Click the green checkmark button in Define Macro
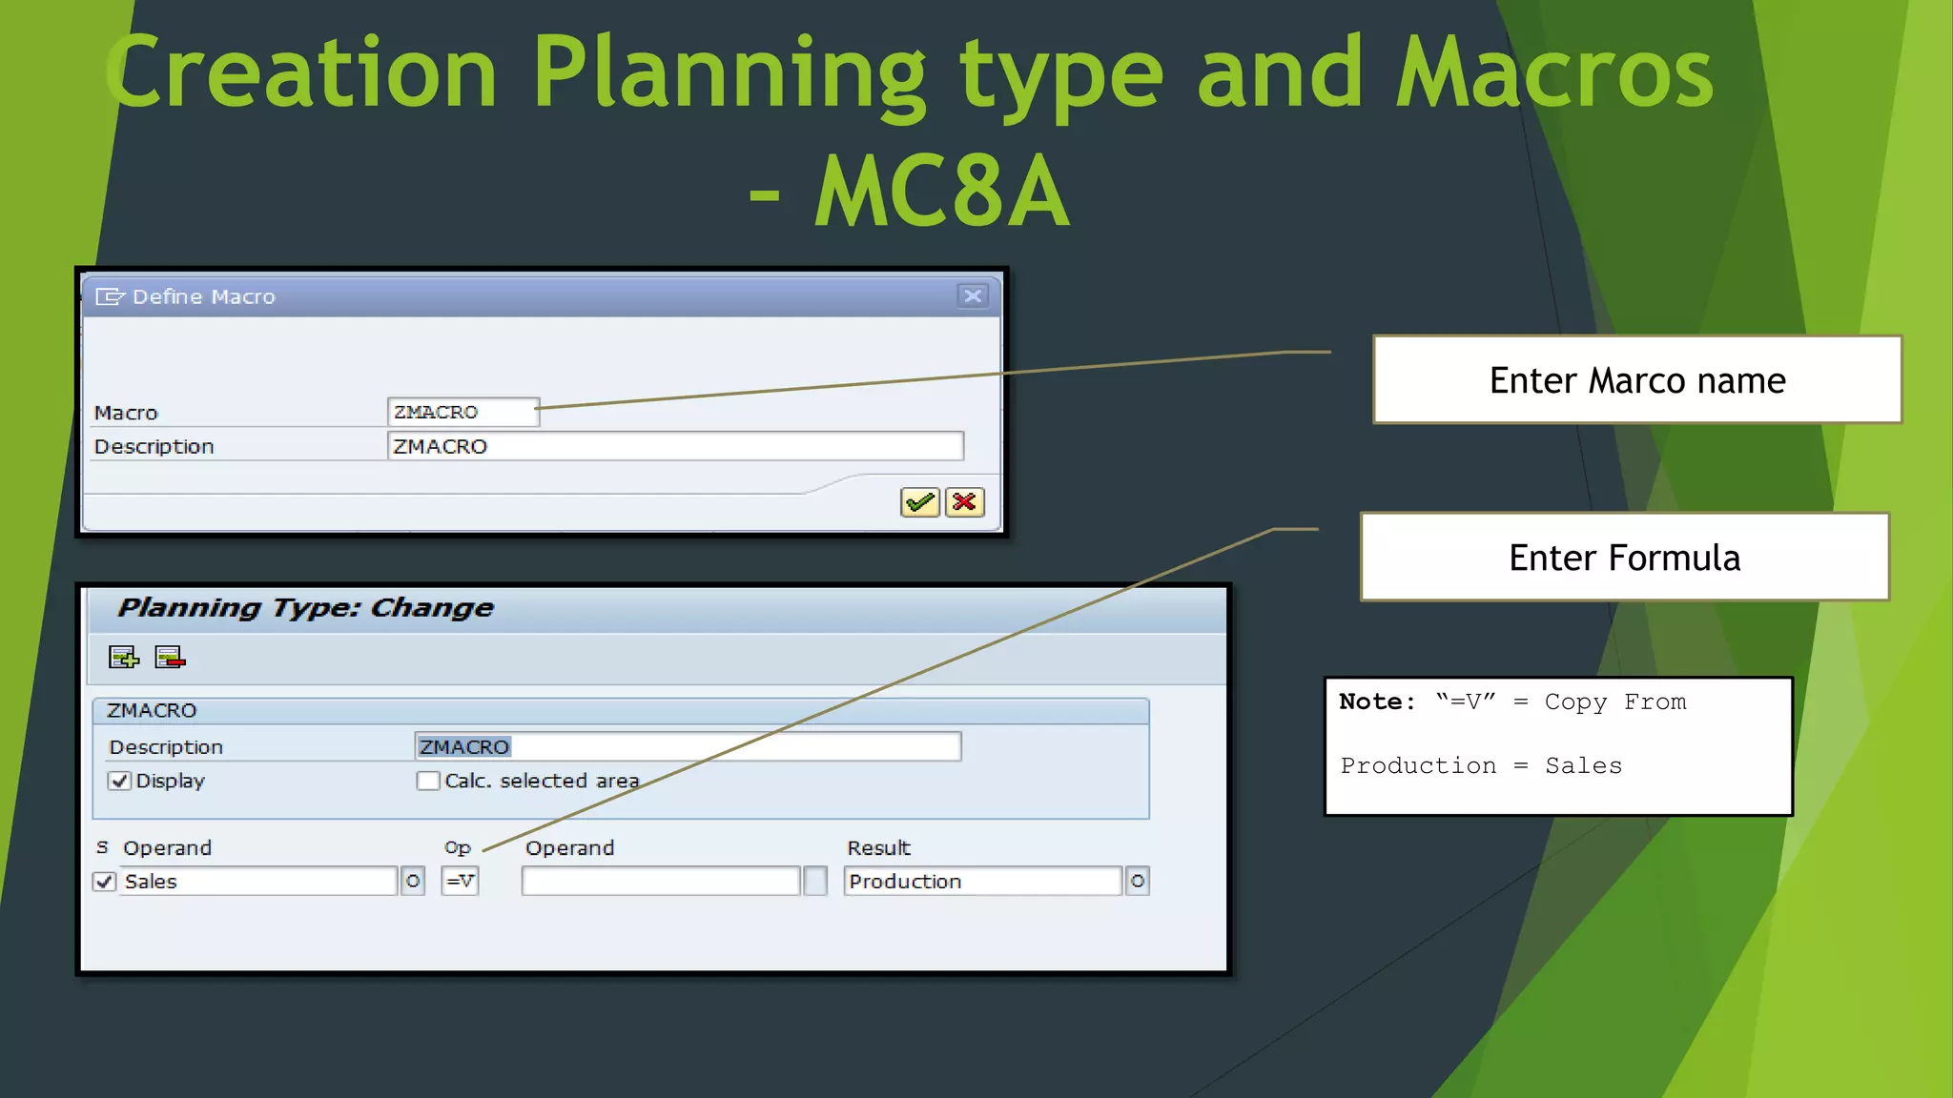[919, 502]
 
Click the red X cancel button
[964, 502]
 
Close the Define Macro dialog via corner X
[972, 296]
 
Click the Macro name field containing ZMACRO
[463, 412]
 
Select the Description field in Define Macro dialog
[674, 446]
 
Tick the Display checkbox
[119, 781]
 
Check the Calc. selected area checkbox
[428, 781]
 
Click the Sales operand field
[257, 881]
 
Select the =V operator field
[460, 881]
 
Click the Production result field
[982, 881]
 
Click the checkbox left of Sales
[105, 882]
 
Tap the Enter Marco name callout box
[1636, 379]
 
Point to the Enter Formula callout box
[1624, 557]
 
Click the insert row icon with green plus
[124, 658]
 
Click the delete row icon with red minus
[170, 658]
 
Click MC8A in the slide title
[942, 191]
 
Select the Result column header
[878, 847]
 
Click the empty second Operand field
[660, 881]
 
